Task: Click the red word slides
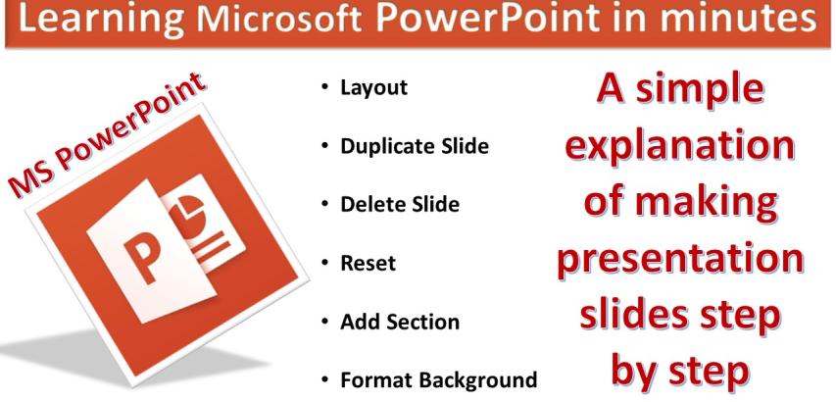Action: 636,322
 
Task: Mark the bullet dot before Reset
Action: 324,264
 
